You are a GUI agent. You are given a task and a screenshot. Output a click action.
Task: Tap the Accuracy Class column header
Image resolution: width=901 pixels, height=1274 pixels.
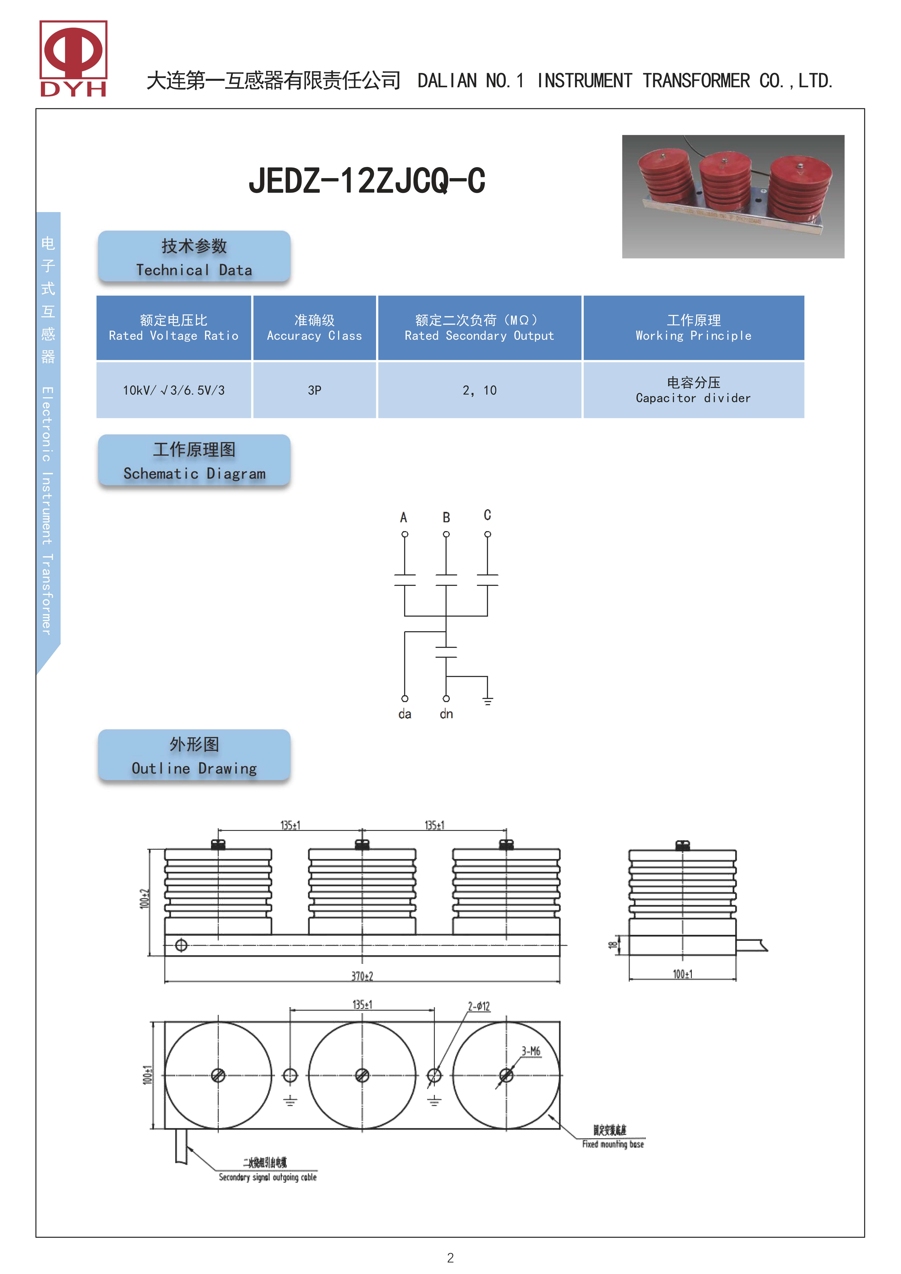(x=314, y=328)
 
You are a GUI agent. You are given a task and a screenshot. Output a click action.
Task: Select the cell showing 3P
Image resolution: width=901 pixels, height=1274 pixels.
(x=314, y=390)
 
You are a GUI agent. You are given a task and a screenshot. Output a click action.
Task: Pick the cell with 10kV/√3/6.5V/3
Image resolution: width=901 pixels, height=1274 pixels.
(x=174, y=390)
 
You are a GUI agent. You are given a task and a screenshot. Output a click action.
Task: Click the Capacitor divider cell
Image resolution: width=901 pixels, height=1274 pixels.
(x=693, y=390)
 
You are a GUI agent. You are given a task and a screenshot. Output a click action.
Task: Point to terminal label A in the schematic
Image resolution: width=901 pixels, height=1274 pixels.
(x=404, y=517)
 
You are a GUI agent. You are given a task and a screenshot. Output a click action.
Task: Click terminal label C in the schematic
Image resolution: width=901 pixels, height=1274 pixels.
(x=487, y=515)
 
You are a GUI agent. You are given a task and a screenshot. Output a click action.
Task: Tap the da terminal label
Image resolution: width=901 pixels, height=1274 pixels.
(x=405, y=714)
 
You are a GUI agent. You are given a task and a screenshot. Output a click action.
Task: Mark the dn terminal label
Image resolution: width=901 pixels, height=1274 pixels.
(x=446, y=714)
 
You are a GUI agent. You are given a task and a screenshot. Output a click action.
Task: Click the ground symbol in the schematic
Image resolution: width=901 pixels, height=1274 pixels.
(x=487, y=701)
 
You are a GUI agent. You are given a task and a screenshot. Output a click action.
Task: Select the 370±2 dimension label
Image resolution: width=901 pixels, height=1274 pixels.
(x=362, y=976)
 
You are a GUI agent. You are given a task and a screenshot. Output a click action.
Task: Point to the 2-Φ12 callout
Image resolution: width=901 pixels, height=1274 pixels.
(x=479, y=1006)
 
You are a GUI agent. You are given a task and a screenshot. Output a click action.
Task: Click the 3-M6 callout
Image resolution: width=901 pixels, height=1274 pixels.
(x=531, y=1051)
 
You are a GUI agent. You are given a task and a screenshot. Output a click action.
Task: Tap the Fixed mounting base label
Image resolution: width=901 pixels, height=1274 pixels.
(x=613, y=1144)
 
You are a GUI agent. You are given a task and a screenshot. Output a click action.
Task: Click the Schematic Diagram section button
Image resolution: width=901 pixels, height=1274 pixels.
(x=194, y=460)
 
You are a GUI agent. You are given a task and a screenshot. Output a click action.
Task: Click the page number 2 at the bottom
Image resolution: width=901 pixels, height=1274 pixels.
(x=450, y=1258)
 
